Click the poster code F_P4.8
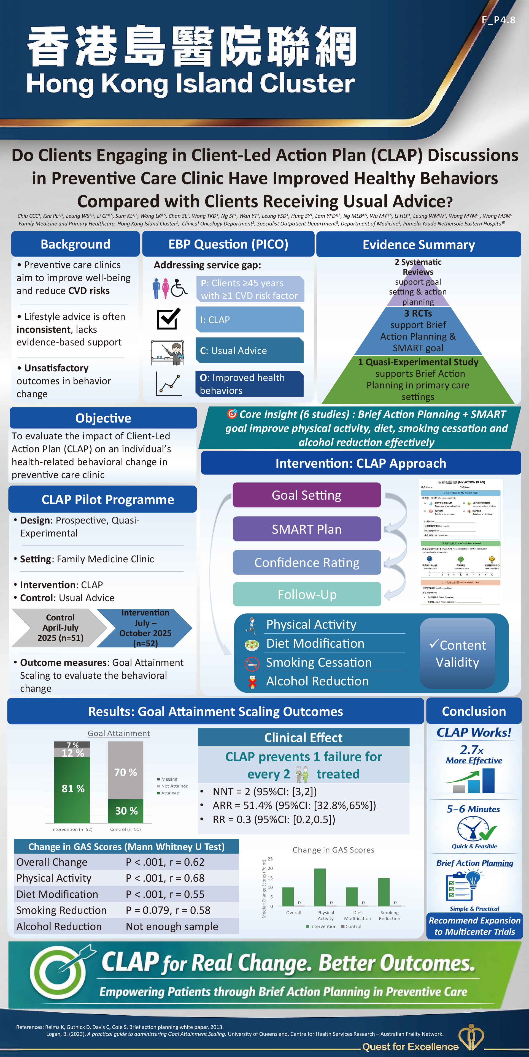coord(498,20)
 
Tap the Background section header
coord(75,244)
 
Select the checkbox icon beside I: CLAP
coord(168,318)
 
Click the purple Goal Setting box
coord(306,495)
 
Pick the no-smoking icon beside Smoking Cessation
coord(252,663)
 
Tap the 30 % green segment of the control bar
coord(126,811)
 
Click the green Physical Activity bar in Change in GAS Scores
coord(320,887)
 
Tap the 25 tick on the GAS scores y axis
coord(270,859)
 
